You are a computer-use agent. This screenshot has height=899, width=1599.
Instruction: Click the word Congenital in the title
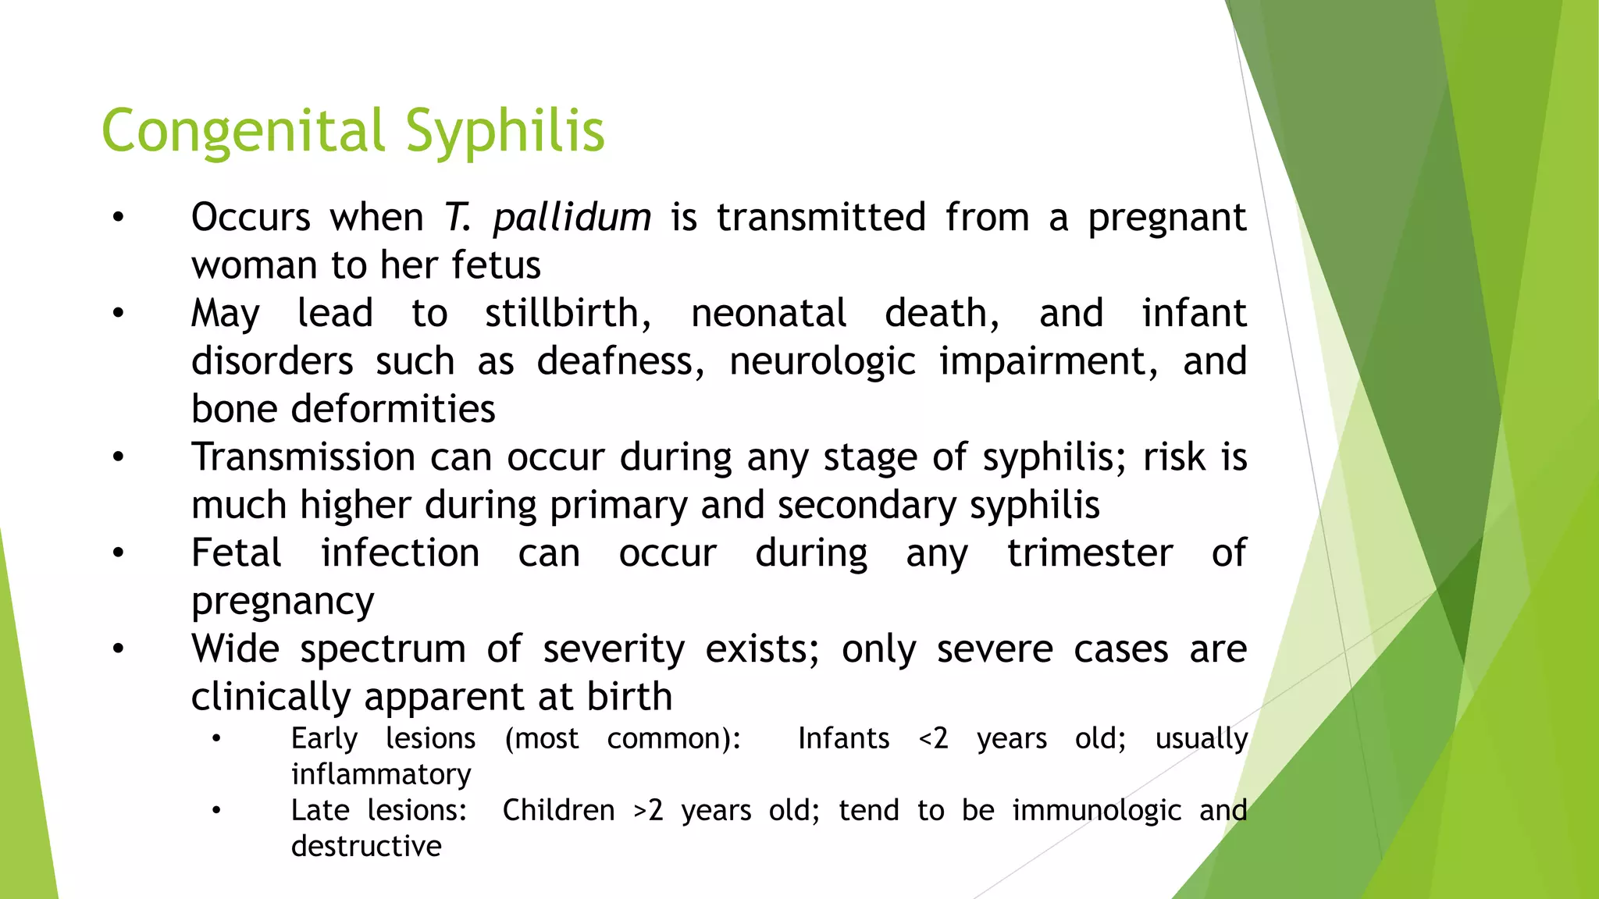coord(244,131)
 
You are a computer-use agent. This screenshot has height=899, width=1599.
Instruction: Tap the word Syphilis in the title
coord(505,131)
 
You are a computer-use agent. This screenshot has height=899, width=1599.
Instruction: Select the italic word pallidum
coord(572,218)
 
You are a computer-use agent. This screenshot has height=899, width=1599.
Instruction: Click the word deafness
coord(619,361)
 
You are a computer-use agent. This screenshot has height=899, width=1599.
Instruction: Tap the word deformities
coord(393,409)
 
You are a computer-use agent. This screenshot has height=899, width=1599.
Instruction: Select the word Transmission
coord(303,457)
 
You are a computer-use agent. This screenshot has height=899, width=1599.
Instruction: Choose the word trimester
coord(1089,553)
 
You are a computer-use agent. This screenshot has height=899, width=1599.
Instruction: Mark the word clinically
coord(270,698)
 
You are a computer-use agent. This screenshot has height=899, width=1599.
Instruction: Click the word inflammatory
coord(381,775)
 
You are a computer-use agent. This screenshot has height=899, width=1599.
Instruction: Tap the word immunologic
coord(1096,812)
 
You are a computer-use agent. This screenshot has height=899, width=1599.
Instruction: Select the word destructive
coord(366,846)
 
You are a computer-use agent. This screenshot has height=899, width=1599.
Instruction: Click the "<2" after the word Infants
coord(933,738)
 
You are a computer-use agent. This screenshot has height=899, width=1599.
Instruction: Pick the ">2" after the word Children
coord(648,811)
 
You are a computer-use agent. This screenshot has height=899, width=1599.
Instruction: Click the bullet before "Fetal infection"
coord(118,553)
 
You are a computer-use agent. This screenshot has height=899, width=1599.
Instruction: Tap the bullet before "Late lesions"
coord(216,811)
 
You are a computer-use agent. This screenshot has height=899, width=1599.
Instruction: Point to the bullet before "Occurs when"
coord(118,218)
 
